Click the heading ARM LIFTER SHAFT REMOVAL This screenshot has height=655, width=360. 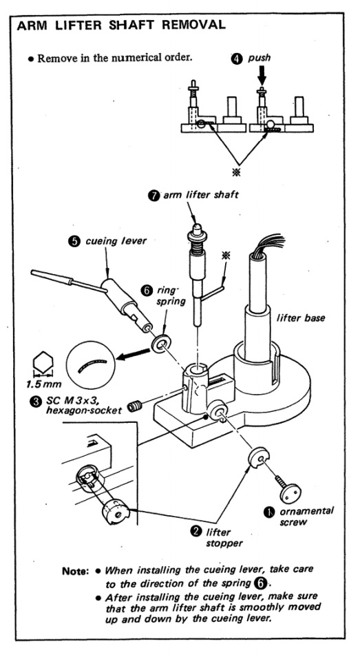coord(121,25)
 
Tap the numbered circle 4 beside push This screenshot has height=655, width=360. coord(236,59)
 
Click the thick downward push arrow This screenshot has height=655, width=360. coord(262,76)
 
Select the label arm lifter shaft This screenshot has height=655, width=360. coord(201,195)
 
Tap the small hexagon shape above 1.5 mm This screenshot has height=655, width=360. coord(43,362)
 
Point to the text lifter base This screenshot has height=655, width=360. coord(301,318)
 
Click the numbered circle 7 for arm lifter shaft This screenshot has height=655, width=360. coord(154,195)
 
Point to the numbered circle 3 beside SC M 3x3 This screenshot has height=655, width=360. coord(35,401)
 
